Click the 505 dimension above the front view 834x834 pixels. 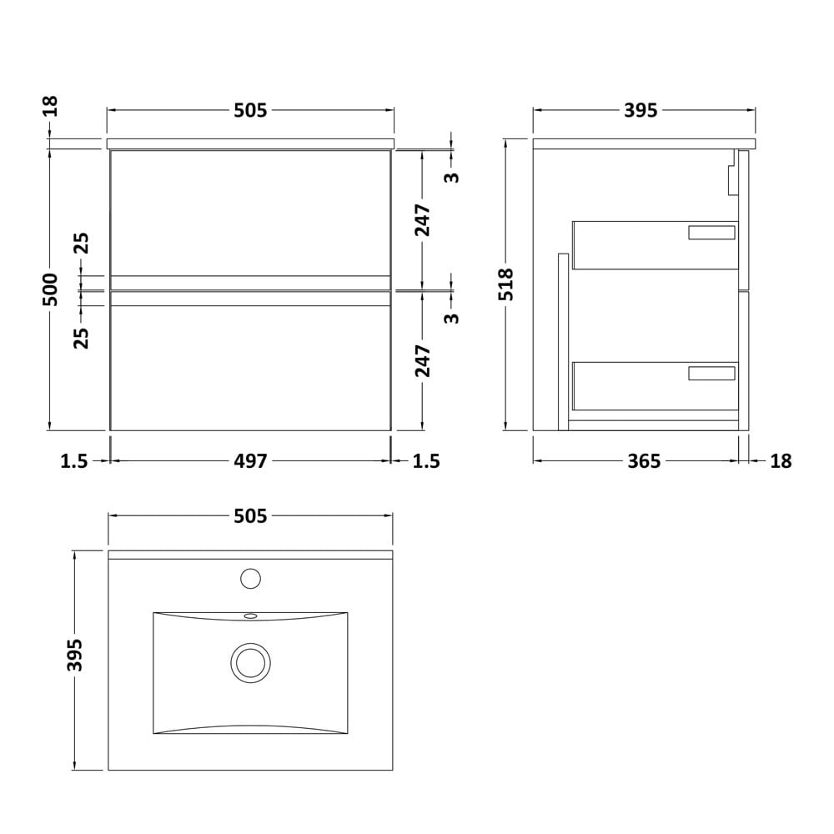(x=250, y=110)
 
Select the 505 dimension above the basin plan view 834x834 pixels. (x=250, y=515)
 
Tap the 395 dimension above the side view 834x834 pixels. (x=641, y=110)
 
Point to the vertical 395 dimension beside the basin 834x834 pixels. (x=75, y=656)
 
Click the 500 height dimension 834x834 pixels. (x=50, y=289)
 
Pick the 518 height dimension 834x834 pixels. (x=506, y=284)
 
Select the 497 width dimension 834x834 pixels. (x=250, y=460)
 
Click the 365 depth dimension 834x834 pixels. (x=644, y=460)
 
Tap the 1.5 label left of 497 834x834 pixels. (x=74, y=460)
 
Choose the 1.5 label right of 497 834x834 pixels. (x=426, y=460)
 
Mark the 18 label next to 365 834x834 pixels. (x=781, y=460)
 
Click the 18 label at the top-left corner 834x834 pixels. (x=50, y=107)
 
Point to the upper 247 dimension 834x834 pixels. (x=423, y=220)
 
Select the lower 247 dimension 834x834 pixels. (x=423, y=361)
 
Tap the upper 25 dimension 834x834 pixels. (x=82, y=243)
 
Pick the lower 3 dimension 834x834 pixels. (x=451, y=318)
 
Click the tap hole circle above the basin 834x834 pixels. (x=250, y=579)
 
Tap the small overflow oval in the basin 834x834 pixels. (x=250, y=616)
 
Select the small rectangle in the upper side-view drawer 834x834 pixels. (x=711, y=233)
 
